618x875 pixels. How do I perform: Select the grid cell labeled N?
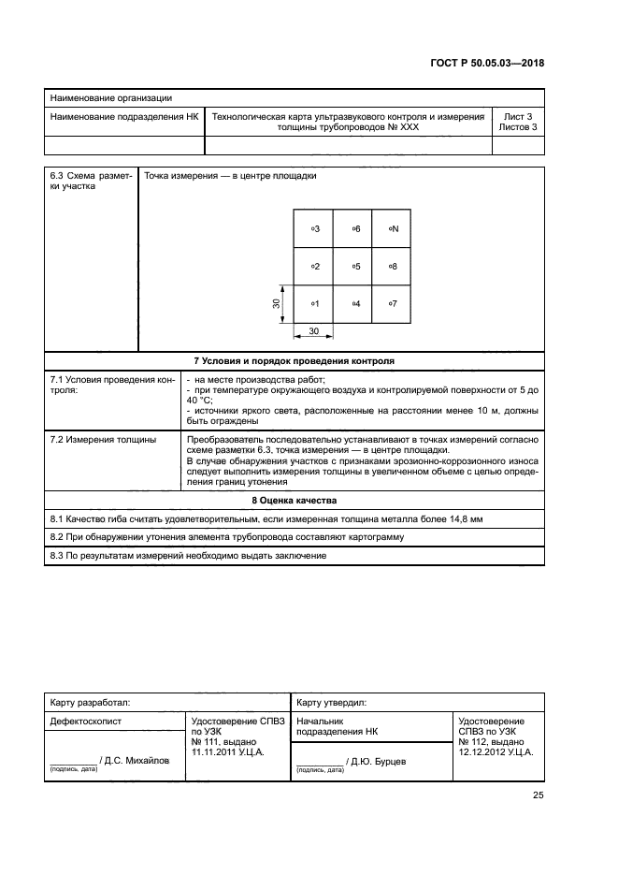(x=391, y=228)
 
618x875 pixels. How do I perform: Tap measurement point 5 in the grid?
(x=354, y=267)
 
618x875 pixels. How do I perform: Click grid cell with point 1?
(x=314, y=304)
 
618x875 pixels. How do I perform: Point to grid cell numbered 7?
(x=391, y=304)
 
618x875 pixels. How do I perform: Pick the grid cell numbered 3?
(x=314, y=228)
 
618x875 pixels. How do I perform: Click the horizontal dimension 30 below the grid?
(x=313, y=331)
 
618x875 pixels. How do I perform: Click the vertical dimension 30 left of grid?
(x=277, y=304)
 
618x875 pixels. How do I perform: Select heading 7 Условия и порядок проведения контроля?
(x=294, y=359)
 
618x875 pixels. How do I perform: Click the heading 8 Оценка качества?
(x=294, y=500)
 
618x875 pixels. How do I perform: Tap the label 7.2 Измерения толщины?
(x=103, y=439)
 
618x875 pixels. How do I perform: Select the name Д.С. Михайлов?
(x=137, y=761)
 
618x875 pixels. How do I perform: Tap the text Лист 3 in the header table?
(x=517, y=117)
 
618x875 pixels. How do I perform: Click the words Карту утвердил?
(x=332, y=701)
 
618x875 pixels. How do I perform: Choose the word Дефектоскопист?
(x=85, y=722)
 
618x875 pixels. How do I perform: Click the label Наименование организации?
(x=110, y=97)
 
